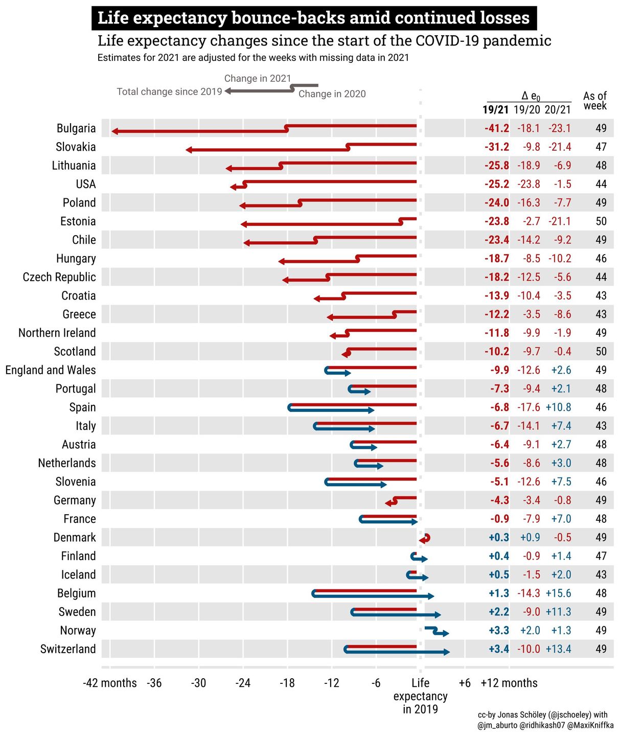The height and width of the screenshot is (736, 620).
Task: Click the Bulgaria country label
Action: click(x=76, y=128)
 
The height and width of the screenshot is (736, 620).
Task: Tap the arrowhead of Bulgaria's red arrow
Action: click(x=115, y=131)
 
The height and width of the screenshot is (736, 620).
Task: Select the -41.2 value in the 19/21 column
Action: click(x=496, y=128)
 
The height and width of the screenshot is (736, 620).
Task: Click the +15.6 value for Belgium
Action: click(x=558, y=593)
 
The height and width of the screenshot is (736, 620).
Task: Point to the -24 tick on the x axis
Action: click(x=243, y=683)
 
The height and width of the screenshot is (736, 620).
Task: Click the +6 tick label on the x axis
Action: click(x=464, y=683)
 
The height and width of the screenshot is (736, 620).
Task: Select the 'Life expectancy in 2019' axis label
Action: click(x=420, y=696)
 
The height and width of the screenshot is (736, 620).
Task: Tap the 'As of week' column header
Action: click(x=594, y=101)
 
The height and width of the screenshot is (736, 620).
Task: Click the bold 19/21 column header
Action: click(x=495, y=109)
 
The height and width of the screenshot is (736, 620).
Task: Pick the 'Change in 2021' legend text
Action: click(x=257, y=78)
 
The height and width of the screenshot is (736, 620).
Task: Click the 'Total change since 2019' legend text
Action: click(x=169, y=91)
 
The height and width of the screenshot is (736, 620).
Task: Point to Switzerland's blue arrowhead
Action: click(x=446, y=652)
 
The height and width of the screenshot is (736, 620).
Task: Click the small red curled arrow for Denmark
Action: click(x=425, y=539)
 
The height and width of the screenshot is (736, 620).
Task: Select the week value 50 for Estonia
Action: click(x=601, y=221)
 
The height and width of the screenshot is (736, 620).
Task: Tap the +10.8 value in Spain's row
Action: click(x=558, y=407)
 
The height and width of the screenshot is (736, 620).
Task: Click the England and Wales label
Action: click(x=51, y=370)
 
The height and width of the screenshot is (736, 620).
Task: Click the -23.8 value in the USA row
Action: click(x=528, y=184)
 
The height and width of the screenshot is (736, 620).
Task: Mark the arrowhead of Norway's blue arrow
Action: click(x=446, y=633)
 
